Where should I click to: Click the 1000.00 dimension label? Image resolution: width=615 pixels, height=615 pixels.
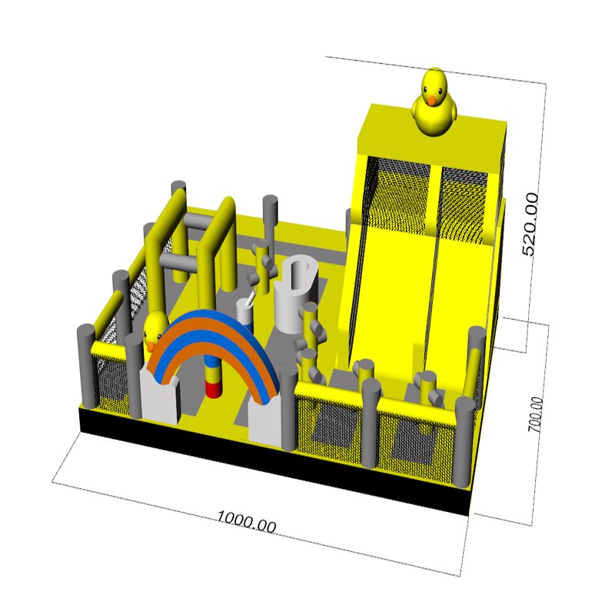(246, 522)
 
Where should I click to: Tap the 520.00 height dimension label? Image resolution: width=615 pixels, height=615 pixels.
(530, 224)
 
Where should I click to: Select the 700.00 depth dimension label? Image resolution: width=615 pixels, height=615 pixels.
(536, 415)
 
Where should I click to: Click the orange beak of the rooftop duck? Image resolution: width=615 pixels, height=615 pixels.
(432, 101)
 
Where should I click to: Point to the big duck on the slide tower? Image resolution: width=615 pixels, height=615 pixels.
(434, 101)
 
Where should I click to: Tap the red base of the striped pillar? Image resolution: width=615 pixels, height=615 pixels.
(214, 391)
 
